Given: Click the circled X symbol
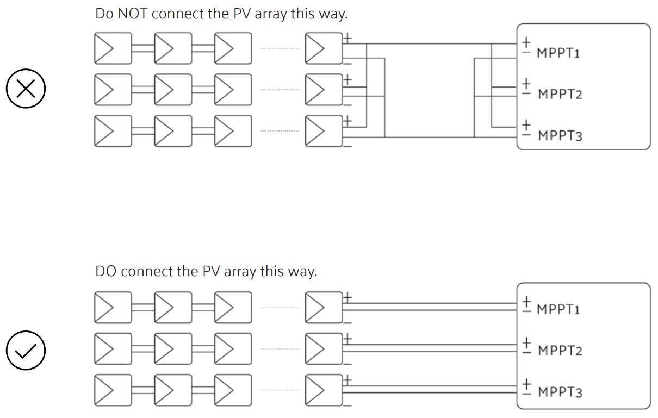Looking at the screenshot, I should [x=25, y=90].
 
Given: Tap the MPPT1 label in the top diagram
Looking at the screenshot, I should [x=558, y=53].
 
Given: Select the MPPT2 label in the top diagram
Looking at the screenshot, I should [x=560, y=94].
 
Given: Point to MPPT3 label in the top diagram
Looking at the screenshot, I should [x=560, y=135].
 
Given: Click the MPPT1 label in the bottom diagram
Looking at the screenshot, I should [x=558, y=309].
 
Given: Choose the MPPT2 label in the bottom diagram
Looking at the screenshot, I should [x=560, y=351].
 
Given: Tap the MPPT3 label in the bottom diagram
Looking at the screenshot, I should [x=560, y=392].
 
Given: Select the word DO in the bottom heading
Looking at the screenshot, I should [x=107, y=271].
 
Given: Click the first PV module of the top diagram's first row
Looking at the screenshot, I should [x=113, y=48].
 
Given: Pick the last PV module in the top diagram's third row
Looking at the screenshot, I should [x=324, y=131].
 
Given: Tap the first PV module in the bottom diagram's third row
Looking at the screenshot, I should [x=113, y=390].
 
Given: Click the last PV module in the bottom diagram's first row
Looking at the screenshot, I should [x=324, y=307].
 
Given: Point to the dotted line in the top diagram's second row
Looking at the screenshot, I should [x=280, y=90].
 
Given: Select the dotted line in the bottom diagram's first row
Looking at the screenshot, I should [x=280, y=307].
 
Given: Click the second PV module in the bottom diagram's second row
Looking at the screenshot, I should [x=173, y=348].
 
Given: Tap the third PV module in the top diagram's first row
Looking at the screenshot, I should [x=233, y=48].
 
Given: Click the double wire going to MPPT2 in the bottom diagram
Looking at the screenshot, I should [x=430, y=348].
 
